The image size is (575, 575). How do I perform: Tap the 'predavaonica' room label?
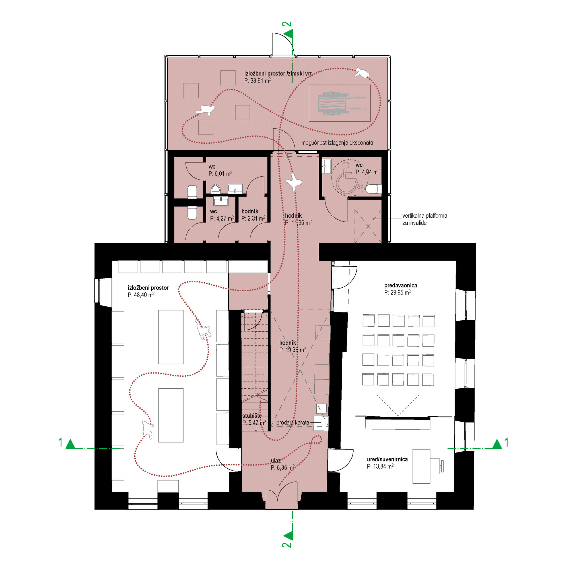click(x=400, y=285)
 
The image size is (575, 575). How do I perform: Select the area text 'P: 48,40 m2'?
click(x=141, y=295)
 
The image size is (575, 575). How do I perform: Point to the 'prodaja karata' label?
click(x=292, y=423)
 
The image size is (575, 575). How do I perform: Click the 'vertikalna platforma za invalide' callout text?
click(x=425, y=219)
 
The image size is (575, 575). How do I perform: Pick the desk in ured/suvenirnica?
click(x=421, y=466)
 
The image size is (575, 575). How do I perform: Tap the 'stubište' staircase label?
click(x=252, y=416)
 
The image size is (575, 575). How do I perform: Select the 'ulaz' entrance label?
click(x=276, y=461)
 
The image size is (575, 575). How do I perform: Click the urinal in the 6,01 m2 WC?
click(x=215, y=189)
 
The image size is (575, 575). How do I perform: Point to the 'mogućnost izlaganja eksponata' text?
click(x=337, y=143)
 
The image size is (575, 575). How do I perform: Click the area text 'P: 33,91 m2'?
click(x=257, y=81)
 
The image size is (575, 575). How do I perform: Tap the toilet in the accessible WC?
click(x=373, y=189)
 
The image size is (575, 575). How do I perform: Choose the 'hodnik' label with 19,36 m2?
click(x=287, y=343)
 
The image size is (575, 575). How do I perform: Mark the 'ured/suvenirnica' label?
click(x=387, y=459)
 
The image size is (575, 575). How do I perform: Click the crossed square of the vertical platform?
click(x=368, y=226)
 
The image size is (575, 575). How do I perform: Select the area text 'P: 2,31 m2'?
click(x=253, y=219)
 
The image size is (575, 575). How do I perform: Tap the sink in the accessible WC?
click(x=327, y=166)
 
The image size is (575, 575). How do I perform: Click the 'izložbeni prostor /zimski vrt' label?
click(x=278, y=73)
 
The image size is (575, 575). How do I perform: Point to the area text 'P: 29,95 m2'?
click(x=397, y=292)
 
